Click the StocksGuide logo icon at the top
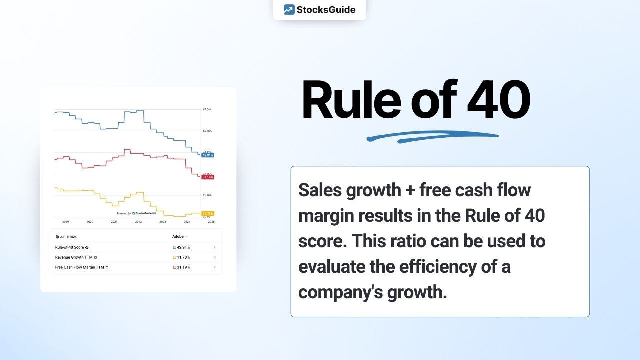(x=289, y=9)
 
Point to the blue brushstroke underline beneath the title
(x=433, y=136)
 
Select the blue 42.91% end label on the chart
(x=208, y=155)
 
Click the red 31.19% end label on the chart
(x=208, y=177)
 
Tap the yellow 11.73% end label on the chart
(x=208, y=213)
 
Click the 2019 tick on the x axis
(x=65, y=221)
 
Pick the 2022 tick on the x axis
(x=138, y=221)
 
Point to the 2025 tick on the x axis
(x=211, y=221)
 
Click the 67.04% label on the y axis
(x=207, y=109)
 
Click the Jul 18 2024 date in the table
(x=68, y=236)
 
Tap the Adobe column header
(x=178, y=236)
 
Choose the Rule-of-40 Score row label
(x=69, y=247)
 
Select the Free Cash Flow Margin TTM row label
(x=79, y=267)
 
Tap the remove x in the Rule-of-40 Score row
(x=215, y=247)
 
